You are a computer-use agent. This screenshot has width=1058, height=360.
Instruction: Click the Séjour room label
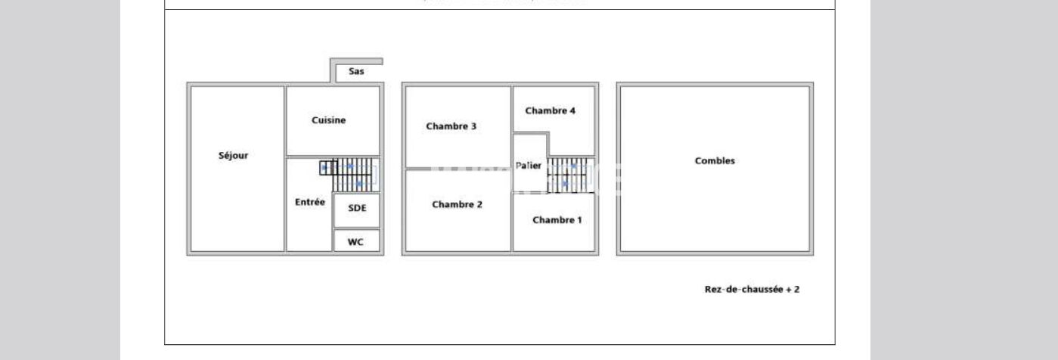pos(233,156)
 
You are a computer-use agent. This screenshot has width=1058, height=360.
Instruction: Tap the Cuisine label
pos(328,120)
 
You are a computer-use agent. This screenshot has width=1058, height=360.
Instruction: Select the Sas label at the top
pos(356,72)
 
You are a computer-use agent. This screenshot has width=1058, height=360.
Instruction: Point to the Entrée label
pos(309,202)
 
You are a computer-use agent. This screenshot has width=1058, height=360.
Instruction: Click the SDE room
pos(357,208)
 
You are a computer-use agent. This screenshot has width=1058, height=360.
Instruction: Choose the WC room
pos(355,243)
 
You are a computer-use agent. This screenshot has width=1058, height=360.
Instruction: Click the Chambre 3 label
pos(451,126)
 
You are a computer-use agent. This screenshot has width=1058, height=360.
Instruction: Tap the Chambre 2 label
pos(457,204)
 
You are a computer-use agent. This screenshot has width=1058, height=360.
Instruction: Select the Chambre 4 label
pos(550,110)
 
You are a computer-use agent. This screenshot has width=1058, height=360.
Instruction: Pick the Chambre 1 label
pos(557,220)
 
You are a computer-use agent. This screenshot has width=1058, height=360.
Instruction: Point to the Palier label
pos(529,166)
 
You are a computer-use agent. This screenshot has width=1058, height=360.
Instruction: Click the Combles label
pos(715,160)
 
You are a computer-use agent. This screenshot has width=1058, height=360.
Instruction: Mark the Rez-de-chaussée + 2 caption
pos(752,289)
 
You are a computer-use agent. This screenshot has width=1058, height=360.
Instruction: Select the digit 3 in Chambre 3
pos(473,126)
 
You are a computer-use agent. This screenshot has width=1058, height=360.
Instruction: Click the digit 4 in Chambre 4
pos(572,110)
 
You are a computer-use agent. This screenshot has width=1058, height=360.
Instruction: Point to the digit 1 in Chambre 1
pos(579,220)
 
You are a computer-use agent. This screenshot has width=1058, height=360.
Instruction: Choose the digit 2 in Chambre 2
pos(479,204)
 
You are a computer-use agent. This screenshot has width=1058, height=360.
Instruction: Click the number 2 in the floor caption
pos(796,289)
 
